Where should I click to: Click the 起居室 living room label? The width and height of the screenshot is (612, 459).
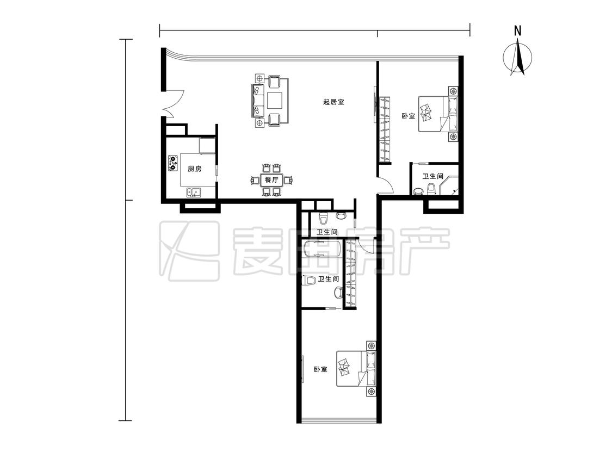(x=333, y=102)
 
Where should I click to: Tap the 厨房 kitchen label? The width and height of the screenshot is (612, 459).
(x=195, y=169)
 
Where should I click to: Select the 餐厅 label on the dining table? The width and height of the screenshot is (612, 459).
(x=271, y=180)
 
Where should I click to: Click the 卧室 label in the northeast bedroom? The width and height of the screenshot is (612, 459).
(x=408, y=116)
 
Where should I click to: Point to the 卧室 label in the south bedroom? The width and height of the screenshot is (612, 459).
(x=321, y=369)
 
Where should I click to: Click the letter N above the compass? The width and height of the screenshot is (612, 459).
(x=517, y=31)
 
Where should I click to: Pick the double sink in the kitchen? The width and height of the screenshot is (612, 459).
(x=194, y=193)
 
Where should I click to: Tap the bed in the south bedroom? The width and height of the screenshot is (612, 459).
(x=357, y=369)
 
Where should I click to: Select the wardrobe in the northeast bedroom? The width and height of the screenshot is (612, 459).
(x=385, y=129)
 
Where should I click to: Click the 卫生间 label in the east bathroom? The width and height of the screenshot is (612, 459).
(x=433, y=176)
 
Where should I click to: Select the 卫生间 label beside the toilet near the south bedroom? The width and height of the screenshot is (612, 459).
(x=328, y=279)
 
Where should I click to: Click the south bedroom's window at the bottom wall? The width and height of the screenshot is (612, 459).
(x=339, y=421)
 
